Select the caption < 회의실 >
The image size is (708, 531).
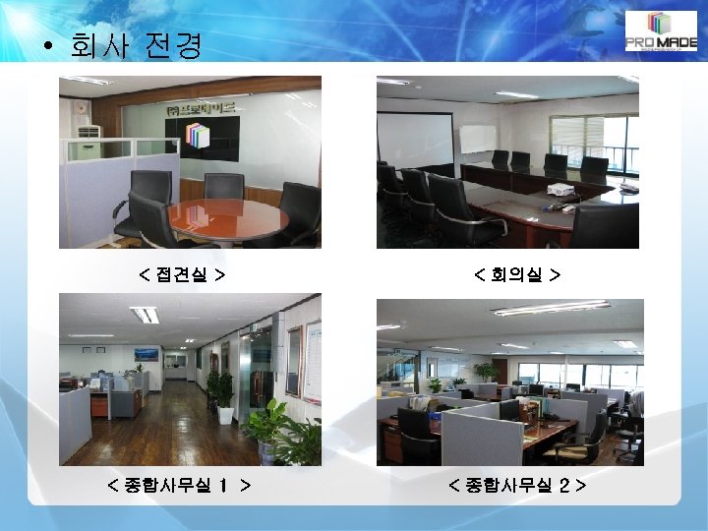[x=517, y=271]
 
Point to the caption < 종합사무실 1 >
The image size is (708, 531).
[x=178, y=485]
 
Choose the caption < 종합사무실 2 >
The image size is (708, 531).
[x=517, y=485]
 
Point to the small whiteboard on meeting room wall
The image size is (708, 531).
[x=479, y=139]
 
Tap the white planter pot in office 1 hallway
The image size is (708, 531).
[x=225, y=415]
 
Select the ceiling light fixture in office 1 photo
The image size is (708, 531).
[x=146, y=315]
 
